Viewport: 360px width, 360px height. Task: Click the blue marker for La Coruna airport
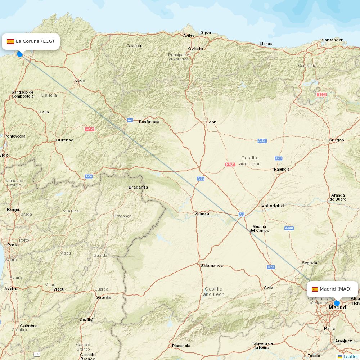[20, 54]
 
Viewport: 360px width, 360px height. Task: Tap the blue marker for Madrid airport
[337, 303]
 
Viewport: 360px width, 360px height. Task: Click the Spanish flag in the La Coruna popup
[10, 41]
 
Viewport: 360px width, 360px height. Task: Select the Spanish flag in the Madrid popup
[315, 289]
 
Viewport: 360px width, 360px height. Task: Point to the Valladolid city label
[273, 206]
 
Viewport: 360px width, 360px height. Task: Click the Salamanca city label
[212, 265]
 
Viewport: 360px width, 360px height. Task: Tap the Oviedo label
[195, 49]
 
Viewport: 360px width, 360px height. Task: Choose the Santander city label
[332, 40]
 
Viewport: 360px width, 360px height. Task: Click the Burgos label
[336, 140]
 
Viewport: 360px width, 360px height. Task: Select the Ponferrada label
[149, 122]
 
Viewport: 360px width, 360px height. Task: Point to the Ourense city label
[64, 140]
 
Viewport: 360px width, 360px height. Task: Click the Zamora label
[202, 213]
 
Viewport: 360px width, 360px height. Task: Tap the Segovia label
[309, 263]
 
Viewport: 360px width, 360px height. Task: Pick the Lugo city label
[80, 80]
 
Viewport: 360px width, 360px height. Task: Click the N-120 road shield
[89, 129]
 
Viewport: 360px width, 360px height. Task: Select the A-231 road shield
[262, 141]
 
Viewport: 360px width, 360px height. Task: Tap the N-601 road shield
[230, 165]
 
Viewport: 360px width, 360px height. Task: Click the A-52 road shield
[89, 176]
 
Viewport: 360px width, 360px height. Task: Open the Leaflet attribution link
[350, 356]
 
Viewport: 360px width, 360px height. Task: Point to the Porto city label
[13, 245]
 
